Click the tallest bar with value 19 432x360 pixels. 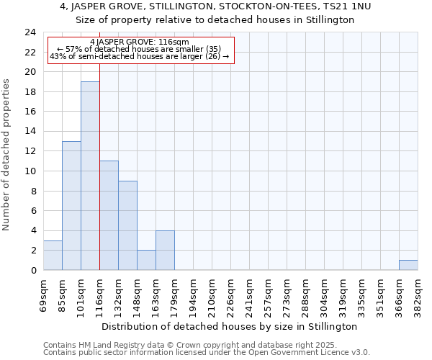pyautogui.click(x=90, y=176)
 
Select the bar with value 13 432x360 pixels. pyautogui.click(x=71, y=205)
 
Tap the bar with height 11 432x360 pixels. pyautogui.click(x=109, y=215)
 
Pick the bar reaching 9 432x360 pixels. pyautogui.click(x=127, y=225)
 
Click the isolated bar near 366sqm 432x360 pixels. pyautogui.click(x=408, y=265)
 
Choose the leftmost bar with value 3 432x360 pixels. pyautogui.click(x=53, y=255)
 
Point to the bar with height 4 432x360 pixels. pyautogui.click(x=165, y=250)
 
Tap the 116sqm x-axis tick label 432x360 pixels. pyautogui.click(x=99, y=294)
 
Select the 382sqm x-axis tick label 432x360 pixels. pyautogui.click(x=418, y=294)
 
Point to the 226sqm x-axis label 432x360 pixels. pyautogui.click(x=230, y=294)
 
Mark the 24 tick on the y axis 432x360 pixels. pyautogui.click(x=30, y=32)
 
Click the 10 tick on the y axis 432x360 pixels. pyautogui.click(x=30, y=171)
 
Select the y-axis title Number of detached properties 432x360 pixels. pyautogui.click(x=7, y=154)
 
